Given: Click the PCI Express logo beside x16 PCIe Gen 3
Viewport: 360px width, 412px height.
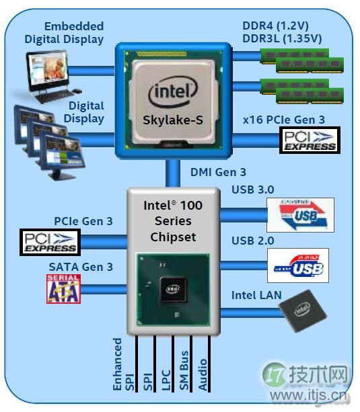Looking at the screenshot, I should coord(308,140).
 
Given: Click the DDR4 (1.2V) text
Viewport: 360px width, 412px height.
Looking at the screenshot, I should coord(281,26).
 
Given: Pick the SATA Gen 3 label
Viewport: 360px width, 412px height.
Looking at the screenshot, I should coord(80,267).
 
